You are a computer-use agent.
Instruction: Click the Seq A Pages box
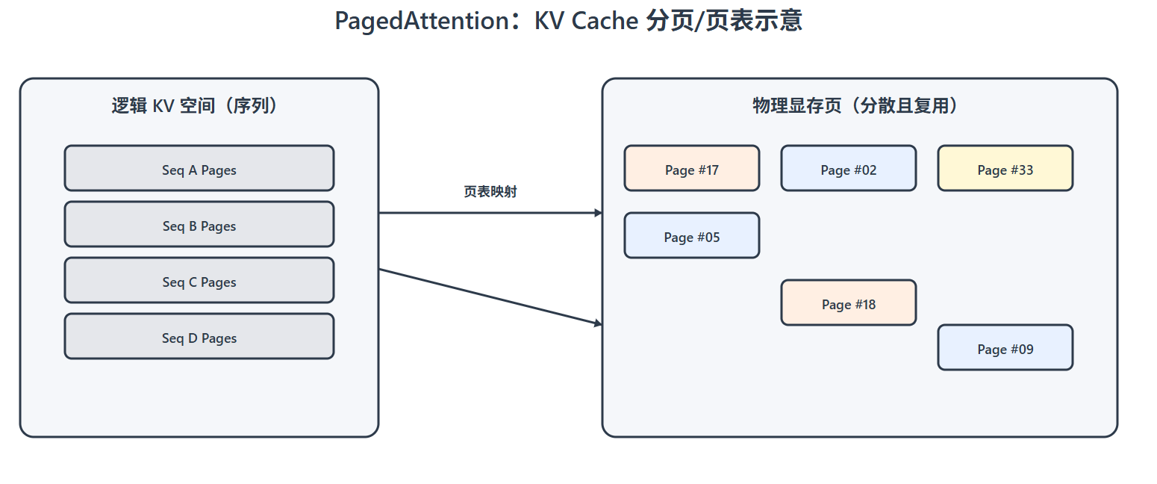point(199,168)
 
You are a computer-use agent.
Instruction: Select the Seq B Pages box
point(199,224)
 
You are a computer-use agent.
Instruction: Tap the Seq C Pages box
point(199,280)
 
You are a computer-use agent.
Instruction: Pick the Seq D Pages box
point(199,336)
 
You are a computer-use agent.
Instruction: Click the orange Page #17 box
point(691,168)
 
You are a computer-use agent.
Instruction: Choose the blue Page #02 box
point(848,168)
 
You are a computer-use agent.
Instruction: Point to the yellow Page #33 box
point(1005,168)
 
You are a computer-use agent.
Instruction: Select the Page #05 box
point(691,235)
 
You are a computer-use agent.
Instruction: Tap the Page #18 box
point(848,302)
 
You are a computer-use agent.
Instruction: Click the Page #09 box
point(1005,347)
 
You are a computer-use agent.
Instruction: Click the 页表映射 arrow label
point(490,192)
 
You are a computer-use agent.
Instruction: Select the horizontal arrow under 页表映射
point(490,213)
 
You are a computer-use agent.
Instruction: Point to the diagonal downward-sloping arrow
point(490,297)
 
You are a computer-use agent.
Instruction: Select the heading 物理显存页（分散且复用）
point(859,106)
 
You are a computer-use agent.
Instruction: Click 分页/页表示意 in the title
point(724,21)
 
